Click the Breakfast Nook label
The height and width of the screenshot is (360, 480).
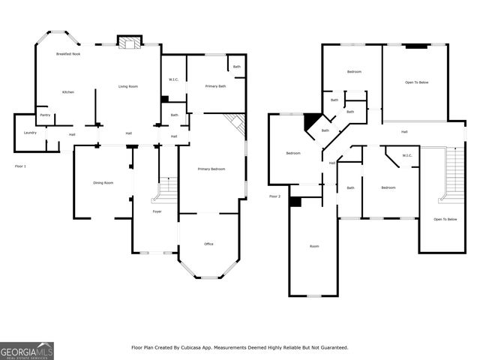coord(68,55)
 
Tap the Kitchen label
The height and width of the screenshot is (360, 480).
coord(67,91)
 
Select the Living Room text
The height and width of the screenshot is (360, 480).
coord(128,86)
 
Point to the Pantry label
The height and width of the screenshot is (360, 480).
coord(45,115)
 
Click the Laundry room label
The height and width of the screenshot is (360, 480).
coord(30,133)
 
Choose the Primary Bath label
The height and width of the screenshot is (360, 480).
coord(205,86)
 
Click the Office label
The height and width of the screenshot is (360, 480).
coord(209,244)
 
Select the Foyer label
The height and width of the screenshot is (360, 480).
coord(157,211)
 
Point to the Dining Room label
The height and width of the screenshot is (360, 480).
coord(103,183)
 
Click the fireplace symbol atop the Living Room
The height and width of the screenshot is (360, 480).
coord(129,43)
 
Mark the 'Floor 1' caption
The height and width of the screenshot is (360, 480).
coord(20,165)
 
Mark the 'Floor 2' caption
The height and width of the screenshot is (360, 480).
coord(275,196)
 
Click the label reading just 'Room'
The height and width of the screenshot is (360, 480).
coord(314,246)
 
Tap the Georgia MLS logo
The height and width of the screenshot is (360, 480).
coord(27,350)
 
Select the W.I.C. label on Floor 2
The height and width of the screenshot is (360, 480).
coord(407,156)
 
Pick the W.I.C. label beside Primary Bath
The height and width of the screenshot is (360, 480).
coord(172,79)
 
